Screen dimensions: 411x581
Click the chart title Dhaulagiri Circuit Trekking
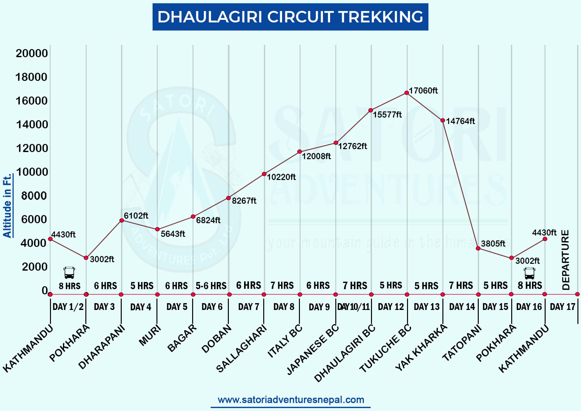(290, 17)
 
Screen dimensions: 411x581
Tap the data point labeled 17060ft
(406, 93)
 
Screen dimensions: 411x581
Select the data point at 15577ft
(371, 110)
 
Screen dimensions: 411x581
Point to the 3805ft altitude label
(493, 244)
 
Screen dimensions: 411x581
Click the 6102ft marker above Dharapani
(122, 221)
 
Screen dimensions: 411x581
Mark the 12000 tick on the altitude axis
(32, 148)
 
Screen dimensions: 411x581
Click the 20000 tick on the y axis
(32, 53)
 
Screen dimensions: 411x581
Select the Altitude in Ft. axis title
(7, 206)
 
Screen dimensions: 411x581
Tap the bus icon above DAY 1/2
(69, 273)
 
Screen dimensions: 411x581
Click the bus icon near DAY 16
(529, 273)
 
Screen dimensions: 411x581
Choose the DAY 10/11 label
(353, 307)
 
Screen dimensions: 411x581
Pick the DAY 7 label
(248, 307)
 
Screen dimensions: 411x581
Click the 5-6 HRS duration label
(211, 286)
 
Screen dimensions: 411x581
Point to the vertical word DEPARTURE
(566, 260)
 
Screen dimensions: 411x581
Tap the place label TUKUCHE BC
(385, 348)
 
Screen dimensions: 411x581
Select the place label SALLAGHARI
(241, 348)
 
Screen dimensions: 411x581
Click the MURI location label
(150, 335)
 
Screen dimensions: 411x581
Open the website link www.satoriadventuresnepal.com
(290, 400)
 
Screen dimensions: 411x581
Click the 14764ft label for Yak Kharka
(460, 121)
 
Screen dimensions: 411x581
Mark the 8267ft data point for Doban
(229, 198)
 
